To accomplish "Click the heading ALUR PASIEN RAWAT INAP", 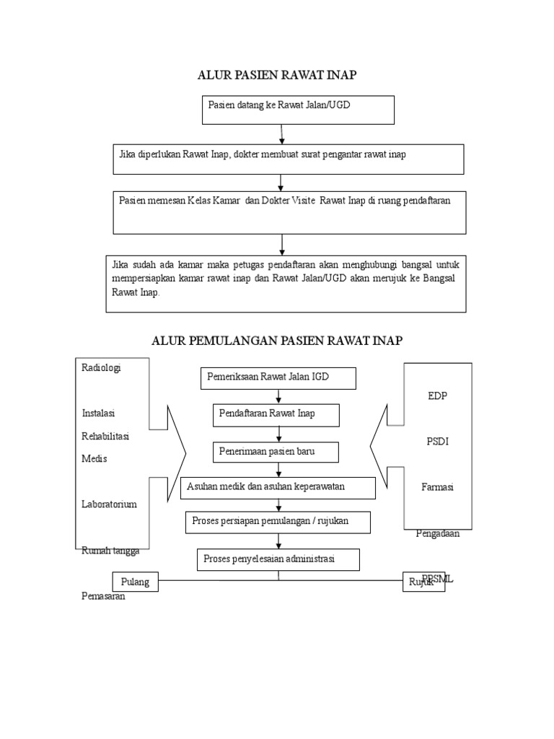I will coord(278,75).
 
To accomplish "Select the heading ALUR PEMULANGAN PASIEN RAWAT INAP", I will coord(277,341).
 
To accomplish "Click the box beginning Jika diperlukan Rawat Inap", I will coord(289,159).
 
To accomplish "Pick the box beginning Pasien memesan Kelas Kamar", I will coord(289,212).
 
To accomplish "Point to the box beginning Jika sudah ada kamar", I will coord(286,283).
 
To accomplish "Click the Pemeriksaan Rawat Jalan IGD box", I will coord(278,378).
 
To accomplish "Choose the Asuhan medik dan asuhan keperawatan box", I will coord(278,487).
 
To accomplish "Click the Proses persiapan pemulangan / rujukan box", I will coord(278,522).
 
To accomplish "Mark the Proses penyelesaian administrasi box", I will coord(278,559).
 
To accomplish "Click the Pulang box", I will coord(135,582).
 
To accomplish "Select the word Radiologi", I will coord(101,367).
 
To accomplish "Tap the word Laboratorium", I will coord(109,504).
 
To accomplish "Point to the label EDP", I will coord(437,395).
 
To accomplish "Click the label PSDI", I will coord(437,442).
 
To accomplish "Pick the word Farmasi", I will coord(437,487).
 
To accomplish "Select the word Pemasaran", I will coord(103,597).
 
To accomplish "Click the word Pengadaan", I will coord(438,534).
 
